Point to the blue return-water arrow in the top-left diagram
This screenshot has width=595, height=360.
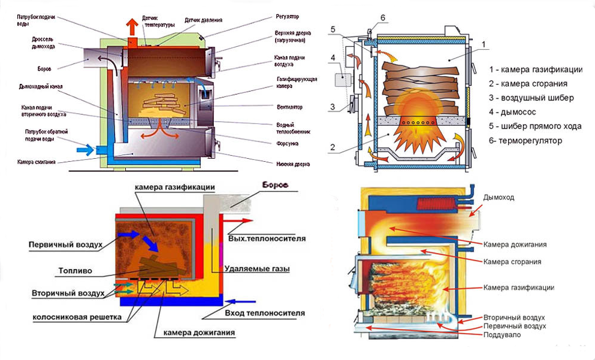tap(86, 149)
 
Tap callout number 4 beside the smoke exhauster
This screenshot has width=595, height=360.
tap(331, 58)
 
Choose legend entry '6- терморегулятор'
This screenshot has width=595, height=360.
tap(526, 141)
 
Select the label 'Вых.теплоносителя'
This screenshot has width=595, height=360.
tap(267, 238)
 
